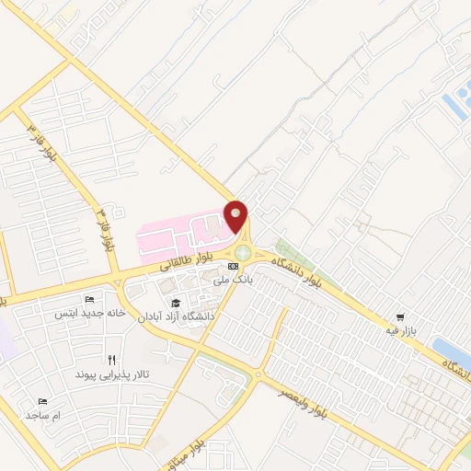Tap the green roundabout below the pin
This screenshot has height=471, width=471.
[x=242, y=252]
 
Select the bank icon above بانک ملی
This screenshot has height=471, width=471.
[x=232, y=266]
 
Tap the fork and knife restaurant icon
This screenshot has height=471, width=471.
[x=112, y=361]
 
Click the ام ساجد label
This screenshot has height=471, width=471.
[x=42, y=416]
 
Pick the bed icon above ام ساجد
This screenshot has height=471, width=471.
[x=42, y=402]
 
